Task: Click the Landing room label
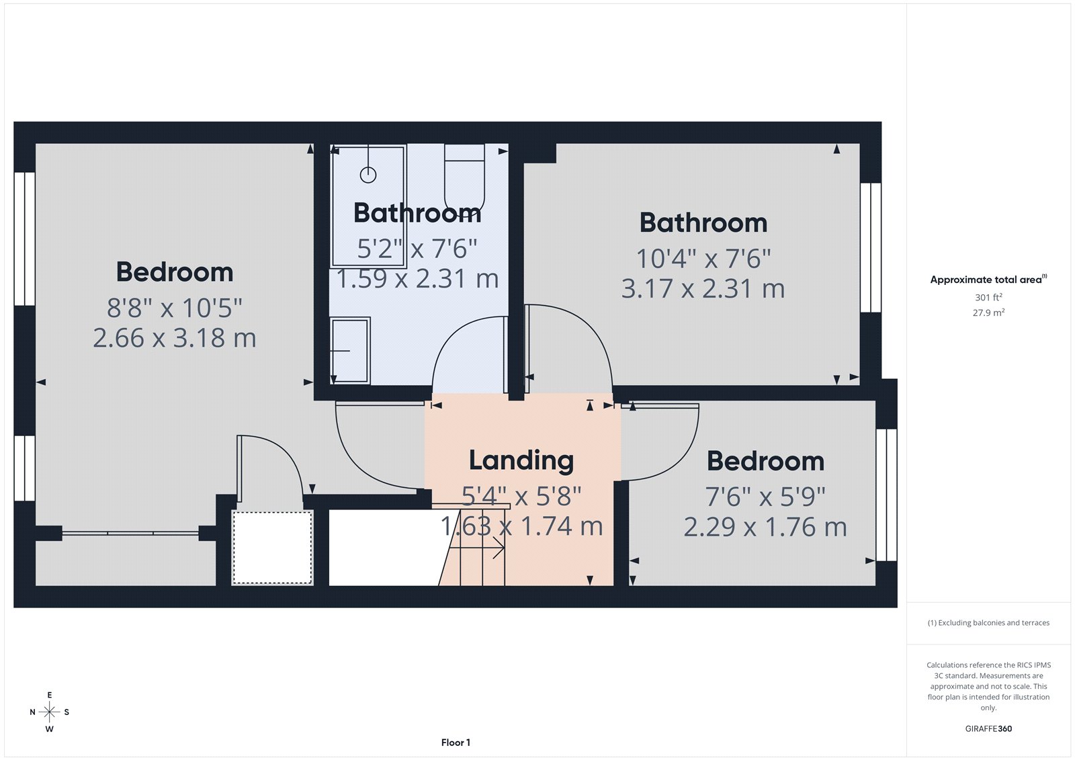[521, 461]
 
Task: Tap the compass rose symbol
[49, 712]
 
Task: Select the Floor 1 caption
[456, 743]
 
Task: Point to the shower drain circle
[368, 175]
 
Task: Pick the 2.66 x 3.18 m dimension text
[175, 338]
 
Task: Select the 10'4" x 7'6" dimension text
[703, 259]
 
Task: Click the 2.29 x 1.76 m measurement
[765, 527]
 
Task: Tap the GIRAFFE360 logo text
[988, 728]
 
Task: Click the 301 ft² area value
[988, 297]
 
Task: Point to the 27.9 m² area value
[988, 312]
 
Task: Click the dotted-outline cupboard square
[272, 547]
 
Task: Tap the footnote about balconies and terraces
[988, 623]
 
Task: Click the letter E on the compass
[49, 695]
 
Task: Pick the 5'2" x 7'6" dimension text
[417, 249]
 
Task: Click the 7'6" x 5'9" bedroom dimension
[765, 497]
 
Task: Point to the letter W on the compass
[49, 728]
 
